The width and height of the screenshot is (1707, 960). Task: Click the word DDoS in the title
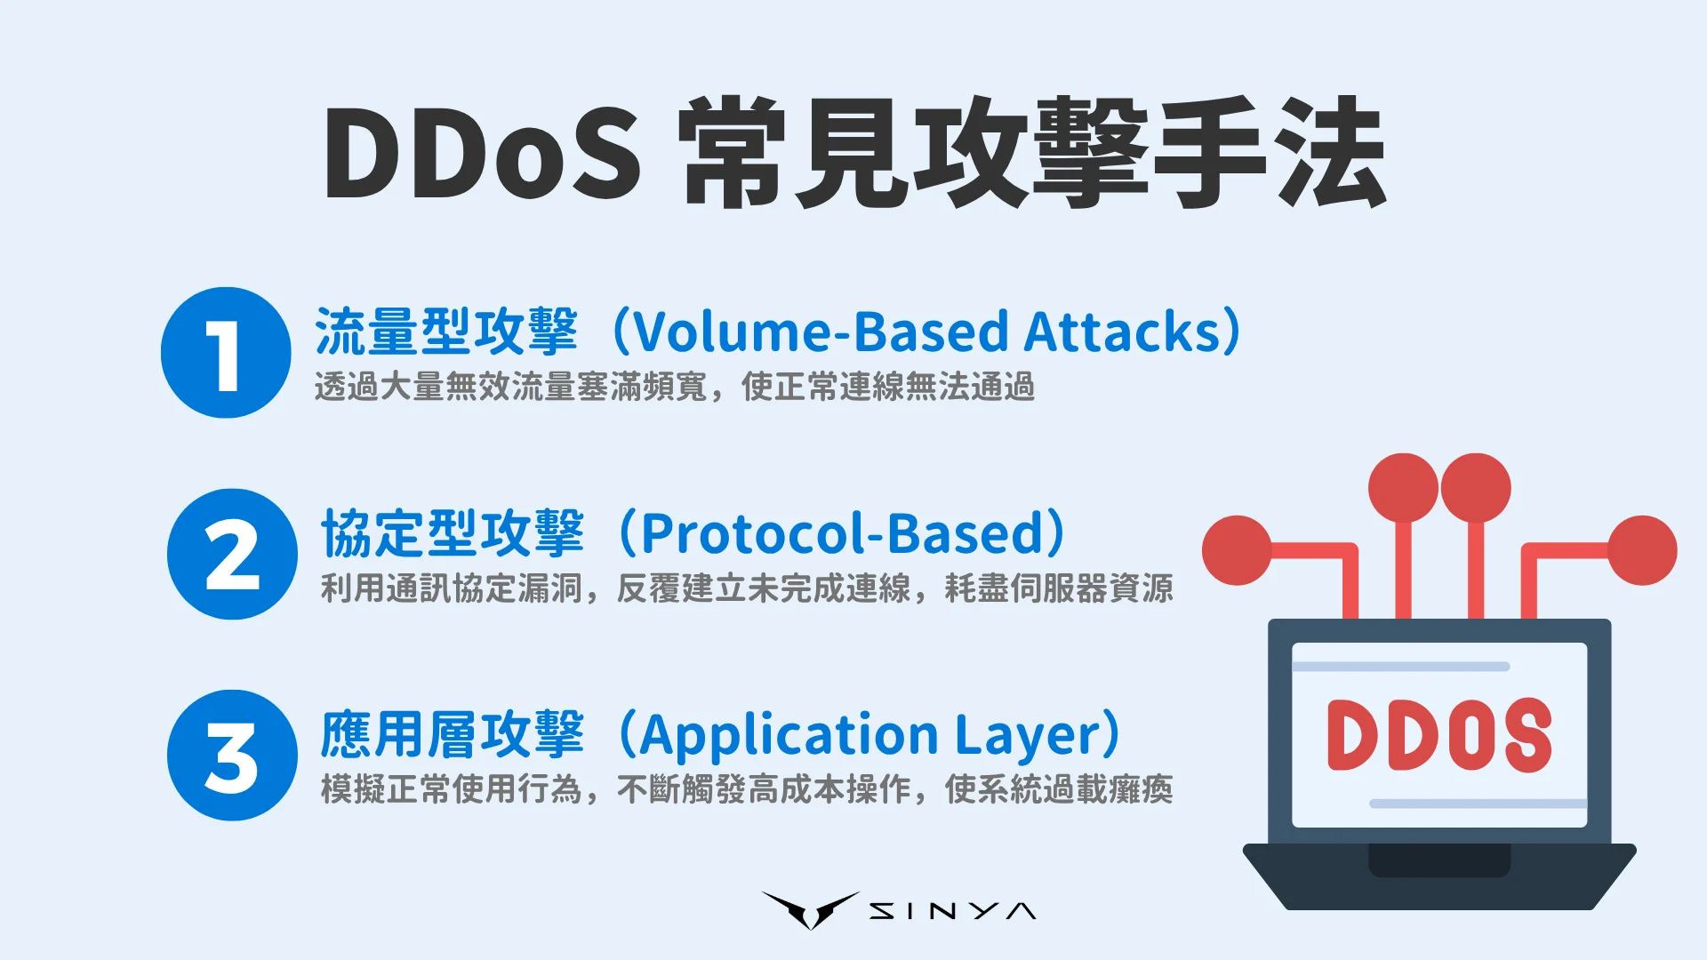(x=481, y=154)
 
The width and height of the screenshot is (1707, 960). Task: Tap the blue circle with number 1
(x=226, y=353)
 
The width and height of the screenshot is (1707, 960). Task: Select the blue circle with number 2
(x=232, y=554)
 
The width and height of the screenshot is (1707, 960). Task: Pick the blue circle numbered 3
(x=232, y=756)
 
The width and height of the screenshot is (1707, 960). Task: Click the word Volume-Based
(x=820, y=332)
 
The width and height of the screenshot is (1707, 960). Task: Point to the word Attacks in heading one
(x=1124, y=332)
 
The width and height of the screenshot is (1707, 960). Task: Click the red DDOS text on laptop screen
(x=1439, y=736)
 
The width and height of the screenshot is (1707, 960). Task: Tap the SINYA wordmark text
(x=952, y=911)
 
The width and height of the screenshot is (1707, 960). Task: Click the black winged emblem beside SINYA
(x=810, y=909)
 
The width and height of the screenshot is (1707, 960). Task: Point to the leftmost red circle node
(x=1237, y=550)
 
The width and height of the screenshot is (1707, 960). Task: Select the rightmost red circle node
(x=1642, y=550)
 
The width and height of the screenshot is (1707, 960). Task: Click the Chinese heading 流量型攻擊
(x=446, y=332)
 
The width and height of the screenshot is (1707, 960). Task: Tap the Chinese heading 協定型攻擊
(x=453, y=533)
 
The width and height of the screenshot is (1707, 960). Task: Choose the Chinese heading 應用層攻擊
(x=453, y=735)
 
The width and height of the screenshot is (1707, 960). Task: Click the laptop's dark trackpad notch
(x=1439, y=860)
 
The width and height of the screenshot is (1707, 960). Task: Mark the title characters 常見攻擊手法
(x=1031, y=154)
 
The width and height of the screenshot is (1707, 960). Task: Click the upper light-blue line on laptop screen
(x=1401, y=667)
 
